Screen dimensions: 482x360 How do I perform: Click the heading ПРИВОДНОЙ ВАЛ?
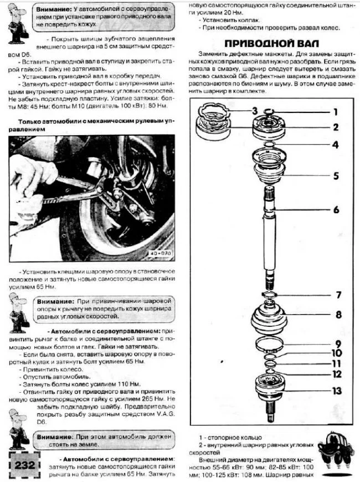pyautogui.click(x=275, y=44)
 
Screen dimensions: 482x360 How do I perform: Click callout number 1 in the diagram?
pyautogui.click(x=335, y=111)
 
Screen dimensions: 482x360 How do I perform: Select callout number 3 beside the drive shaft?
pyautogui.click(x=239, y=110)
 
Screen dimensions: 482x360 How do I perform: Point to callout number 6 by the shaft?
pyautogui.click(x=336, y=210)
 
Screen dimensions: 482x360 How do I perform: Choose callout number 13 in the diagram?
pyautogui.click(x=337, y=391)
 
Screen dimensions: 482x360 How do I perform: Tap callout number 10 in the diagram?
pyautogui.click(x=337, y=353)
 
